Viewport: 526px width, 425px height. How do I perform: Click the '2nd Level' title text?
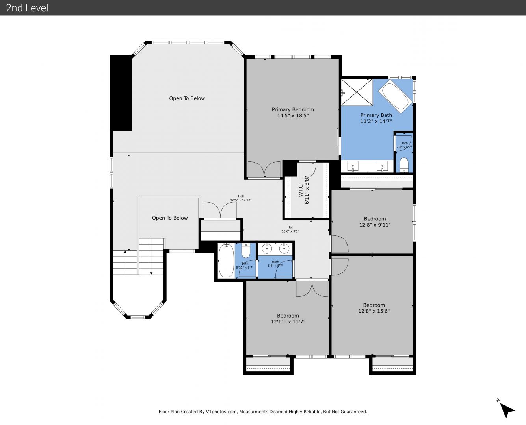(27, 8)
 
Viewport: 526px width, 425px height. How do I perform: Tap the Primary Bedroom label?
(293, 109)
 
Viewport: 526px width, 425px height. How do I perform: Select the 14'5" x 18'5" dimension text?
(293, 116)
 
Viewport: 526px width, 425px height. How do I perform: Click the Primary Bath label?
(376, 115)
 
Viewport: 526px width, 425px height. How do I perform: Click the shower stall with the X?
(357, 92)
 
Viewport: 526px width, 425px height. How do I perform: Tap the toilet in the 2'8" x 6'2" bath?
(404, 165)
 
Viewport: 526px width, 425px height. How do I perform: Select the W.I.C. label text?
(301, 190)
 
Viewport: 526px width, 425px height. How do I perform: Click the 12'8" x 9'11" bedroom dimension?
(375, 225)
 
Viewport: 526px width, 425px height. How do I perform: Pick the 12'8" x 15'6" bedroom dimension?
(374, 311)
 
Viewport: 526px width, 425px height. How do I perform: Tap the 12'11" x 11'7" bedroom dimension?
(288, 322)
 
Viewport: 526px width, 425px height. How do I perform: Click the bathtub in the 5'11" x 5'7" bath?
(226, 261)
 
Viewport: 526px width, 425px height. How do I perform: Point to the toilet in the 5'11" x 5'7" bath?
(245, 250)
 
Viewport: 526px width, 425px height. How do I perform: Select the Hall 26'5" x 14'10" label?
(241, 198)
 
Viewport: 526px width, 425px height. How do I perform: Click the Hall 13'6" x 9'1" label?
(290, 229)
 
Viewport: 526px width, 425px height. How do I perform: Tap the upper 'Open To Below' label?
(187, 98)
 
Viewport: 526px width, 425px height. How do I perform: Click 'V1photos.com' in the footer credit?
(221, 412)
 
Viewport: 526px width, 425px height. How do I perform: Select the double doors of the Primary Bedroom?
(264, 170)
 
